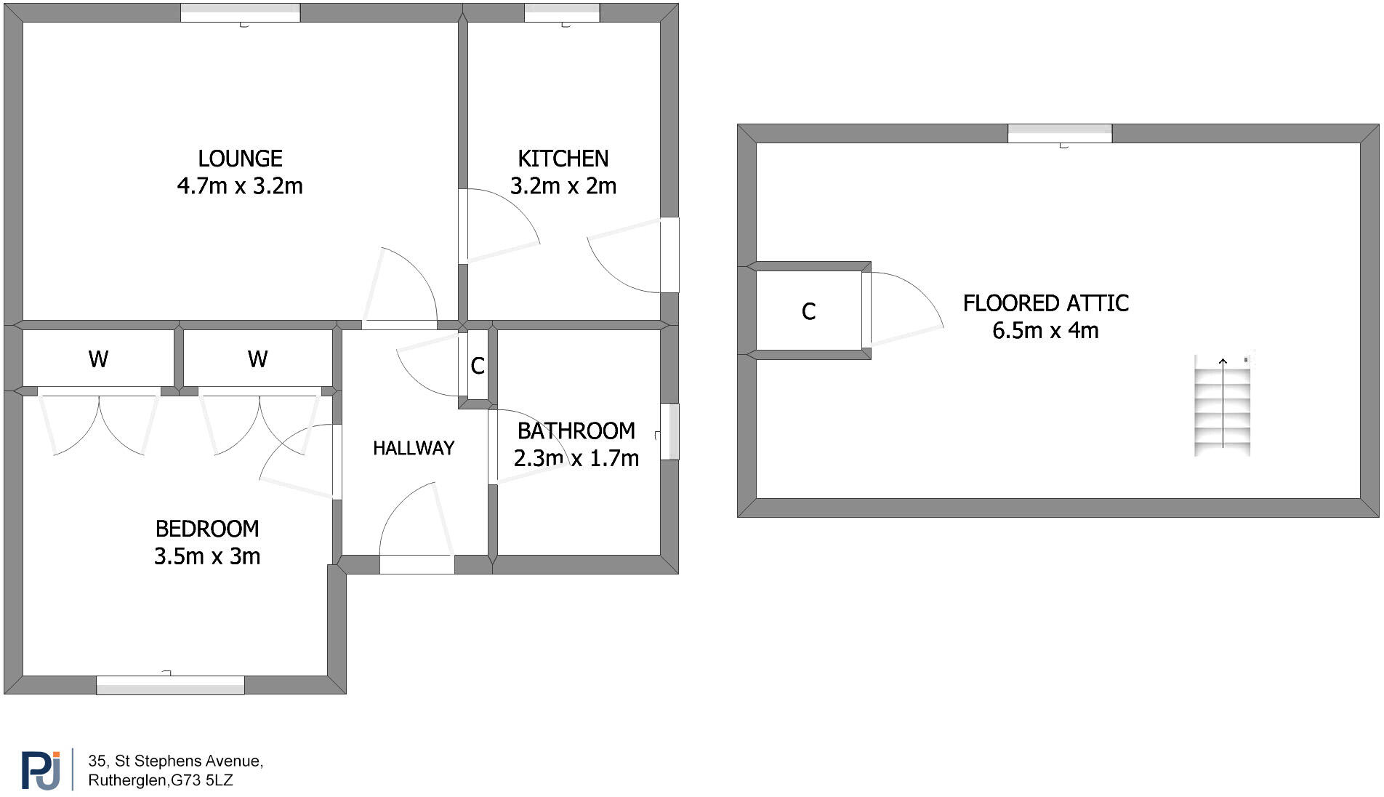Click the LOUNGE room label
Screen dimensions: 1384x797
(x=240, y=159)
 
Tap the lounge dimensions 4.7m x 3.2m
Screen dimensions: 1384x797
(x=240, y=186)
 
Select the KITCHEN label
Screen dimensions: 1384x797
(x=563, y=159)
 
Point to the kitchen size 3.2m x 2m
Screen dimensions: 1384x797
(x=563, y=186)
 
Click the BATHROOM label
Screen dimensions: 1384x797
(x=576, y=431)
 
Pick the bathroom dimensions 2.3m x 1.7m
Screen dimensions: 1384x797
(x=576, y=459)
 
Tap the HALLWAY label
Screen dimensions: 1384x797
(x=414, y=448)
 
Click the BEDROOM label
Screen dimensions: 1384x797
(x=207, y=529)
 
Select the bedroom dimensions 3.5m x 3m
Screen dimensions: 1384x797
(x=207, y=556)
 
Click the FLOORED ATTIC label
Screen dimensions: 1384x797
(x=1045, y=303)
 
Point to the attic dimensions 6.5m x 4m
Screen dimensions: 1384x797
(x=1045, y=331)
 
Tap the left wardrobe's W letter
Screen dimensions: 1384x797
(x=98, y=359)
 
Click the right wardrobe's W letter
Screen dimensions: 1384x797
(x=257, y=359)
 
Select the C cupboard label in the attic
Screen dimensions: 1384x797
(x=808, y=312)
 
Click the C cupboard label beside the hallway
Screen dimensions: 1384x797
(x=478, y=366)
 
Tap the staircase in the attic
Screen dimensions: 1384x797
(x=1222, y=406)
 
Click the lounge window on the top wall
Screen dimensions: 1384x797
(x=240, y=12)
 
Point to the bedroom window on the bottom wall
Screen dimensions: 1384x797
(x=170, y=685)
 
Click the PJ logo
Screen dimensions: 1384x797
(x=41, y=769)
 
